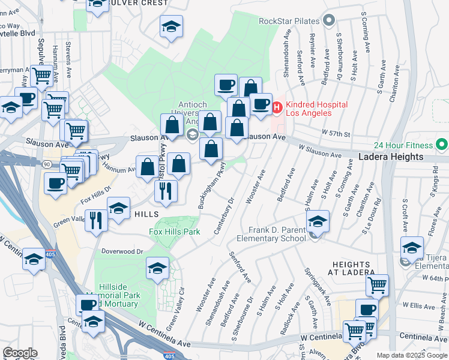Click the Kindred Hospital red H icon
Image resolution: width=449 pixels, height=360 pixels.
(x=277, y=109)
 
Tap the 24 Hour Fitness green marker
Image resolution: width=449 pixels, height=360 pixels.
(x=442, y=145)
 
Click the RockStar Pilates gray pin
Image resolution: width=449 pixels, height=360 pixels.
(x=328, y=22)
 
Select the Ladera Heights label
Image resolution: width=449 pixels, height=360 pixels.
(x=391, y=157)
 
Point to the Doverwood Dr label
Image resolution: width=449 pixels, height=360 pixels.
(x=122, y=251)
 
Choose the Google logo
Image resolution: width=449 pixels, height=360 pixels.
(x=20, y=352)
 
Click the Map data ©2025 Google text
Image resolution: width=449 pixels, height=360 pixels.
(x=412, y=355)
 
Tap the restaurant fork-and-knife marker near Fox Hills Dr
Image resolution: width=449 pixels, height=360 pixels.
(x=96, y=220)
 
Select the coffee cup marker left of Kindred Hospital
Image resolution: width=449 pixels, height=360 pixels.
(x=261, y=104)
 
